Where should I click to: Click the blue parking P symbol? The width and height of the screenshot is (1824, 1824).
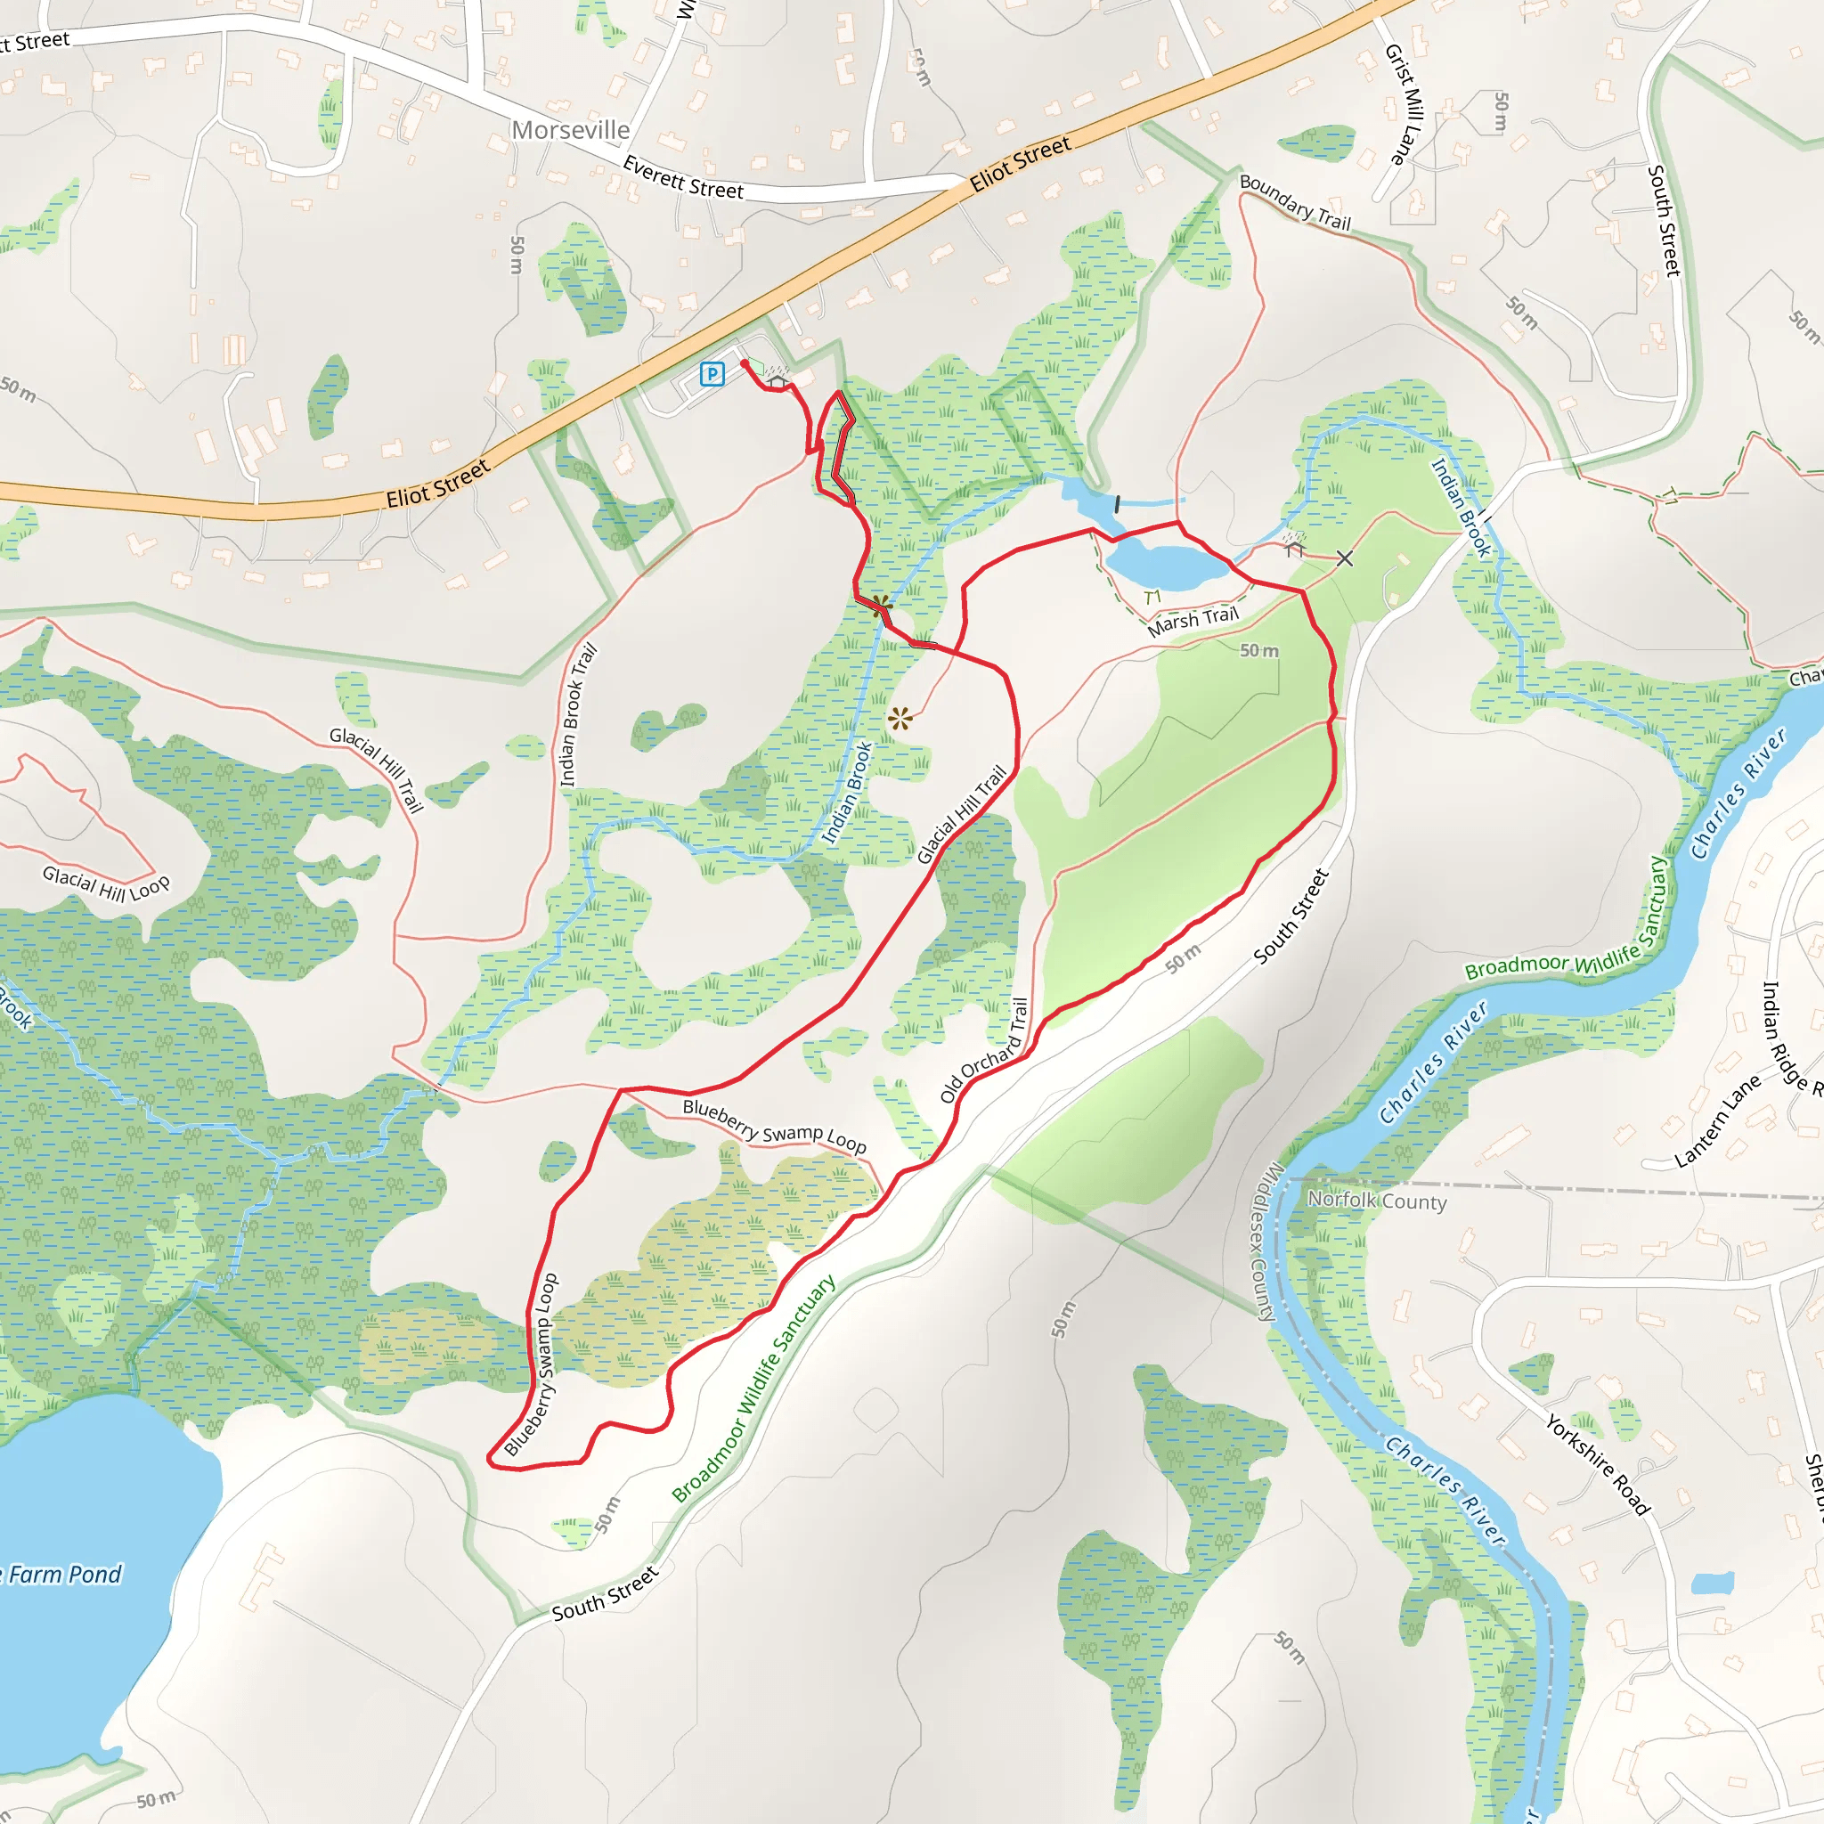[712, 375]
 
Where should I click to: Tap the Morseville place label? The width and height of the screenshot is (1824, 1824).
[570, 130]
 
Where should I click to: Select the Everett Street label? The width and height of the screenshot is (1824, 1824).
[682, 177]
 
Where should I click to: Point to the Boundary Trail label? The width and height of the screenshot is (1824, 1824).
[1294, 203]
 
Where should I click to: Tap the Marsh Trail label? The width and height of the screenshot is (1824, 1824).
[1193, 622]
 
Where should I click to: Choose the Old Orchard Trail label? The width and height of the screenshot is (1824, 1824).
[984, 1050]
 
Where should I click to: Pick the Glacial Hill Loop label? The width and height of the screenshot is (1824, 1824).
[106, 884]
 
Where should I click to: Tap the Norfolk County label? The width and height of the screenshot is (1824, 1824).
[1377, 1201]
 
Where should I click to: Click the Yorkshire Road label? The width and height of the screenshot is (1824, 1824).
[1598, 1464]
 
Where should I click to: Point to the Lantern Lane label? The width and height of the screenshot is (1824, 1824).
[1718, 1120]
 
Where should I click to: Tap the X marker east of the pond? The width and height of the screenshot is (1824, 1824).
[1344, 559]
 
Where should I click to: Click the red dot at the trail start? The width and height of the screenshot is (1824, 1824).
[744, 363]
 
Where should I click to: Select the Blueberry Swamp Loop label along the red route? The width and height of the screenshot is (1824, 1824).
[532, 1364]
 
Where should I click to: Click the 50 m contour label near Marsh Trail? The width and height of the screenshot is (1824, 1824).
[1258, 650]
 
